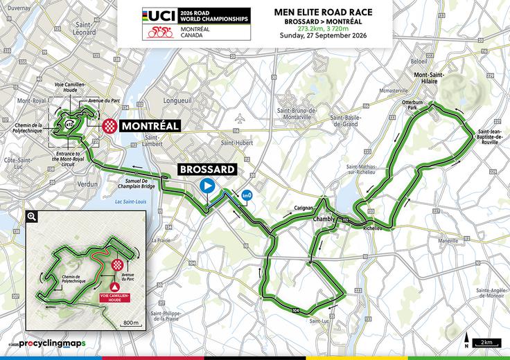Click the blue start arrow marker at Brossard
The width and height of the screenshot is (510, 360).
tap(206, 186)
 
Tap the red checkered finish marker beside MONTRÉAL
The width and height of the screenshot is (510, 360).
tap(109, 125)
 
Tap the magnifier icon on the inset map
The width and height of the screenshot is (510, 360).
tap(31, 216)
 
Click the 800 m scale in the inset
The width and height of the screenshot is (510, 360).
tap(128, 323)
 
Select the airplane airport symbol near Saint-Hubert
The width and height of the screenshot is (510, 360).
tap(240, 118)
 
